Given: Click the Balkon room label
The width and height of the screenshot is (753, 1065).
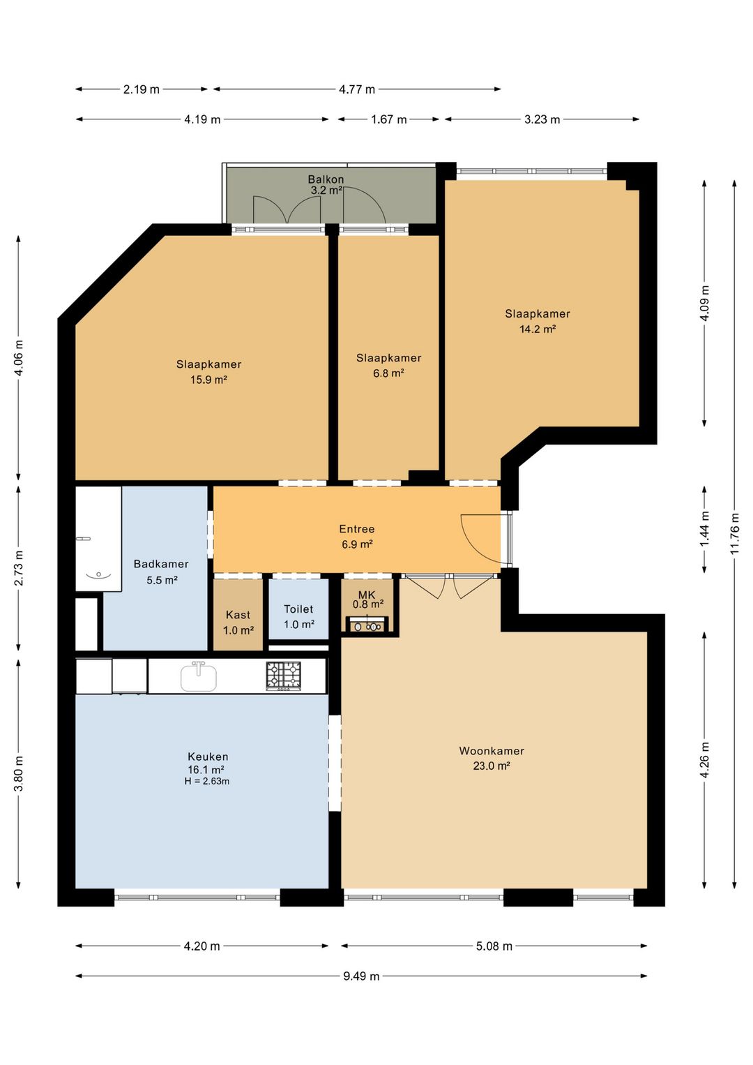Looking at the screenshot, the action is [326, 179].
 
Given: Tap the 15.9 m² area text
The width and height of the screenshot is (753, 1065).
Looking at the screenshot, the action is [208, 380].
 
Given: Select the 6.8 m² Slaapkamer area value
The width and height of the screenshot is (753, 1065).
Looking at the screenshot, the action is [388, 373].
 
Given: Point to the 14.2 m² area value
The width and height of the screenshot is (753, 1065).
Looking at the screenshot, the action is [538, 329].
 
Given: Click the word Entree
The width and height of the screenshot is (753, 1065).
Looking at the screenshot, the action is [357, 529].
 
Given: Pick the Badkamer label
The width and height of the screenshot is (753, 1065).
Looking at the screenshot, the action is [161, 564].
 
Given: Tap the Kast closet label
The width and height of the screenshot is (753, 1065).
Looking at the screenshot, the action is [238, 615].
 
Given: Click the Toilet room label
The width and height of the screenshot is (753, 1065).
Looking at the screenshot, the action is [298, 609].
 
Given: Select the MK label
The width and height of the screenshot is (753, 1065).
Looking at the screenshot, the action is [367, 595].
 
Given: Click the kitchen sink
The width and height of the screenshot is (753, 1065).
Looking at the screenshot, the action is [199, 676].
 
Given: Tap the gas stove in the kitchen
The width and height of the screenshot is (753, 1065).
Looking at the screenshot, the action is [284, 676].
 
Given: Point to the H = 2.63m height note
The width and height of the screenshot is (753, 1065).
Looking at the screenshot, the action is [207, 781].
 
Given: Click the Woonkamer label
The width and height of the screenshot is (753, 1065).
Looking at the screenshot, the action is [492, 751].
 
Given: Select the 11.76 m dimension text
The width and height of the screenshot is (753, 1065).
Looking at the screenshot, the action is [735, 532].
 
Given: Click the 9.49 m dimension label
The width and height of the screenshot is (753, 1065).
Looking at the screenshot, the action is [362, 976].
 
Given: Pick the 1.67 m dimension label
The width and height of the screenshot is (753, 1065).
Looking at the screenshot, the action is [389, 119].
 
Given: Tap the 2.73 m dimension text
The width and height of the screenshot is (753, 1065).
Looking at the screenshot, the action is [19, 569].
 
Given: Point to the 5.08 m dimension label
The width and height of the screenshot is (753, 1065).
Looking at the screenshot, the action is [494, 946].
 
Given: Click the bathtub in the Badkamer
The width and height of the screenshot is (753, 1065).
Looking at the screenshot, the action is [98, 539].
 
